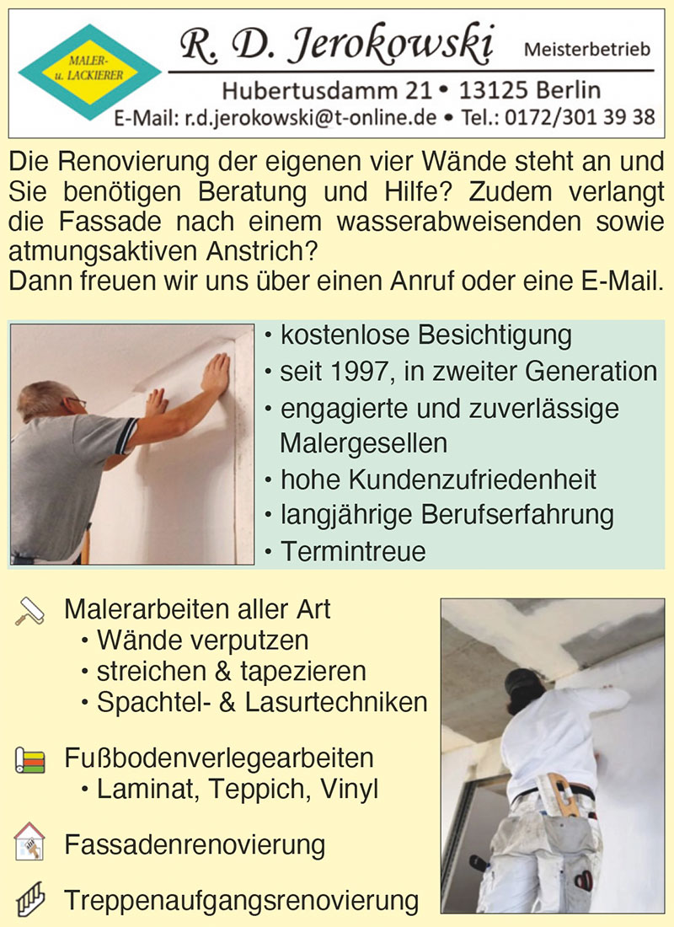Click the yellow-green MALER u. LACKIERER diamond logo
click(x=90, y=72)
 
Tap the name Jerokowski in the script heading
click(x=390, y=45)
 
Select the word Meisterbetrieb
click(x=587, y=49)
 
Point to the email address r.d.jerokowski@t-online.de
click(x=311, y=118)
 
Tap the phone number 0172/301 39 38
click(x=580, y=117)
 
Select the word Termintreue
click(x=353, y=551)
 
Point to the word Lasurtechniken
click(x=336, y=702)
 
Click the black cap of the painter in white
click(x=523, y=682)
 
